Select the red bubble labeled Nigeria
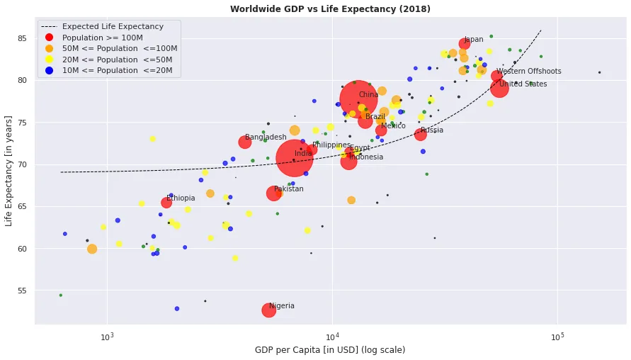coord(269,310)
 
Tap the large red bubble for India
coord(293,158)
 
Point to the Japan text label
coord(474,40)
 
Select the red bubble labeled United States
coord(499,88)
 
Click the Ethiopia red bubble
coord(166,203)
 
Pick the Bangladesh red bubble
coord(245,142)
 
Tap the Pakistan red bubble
coord(274,193)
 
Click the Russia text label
coord(432,130)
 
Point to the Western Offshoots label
coord(529,72)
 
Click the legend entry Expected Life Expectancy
coord(113,27)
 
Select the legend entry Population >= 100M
coord(103,38)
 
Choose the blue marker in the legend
coord(49,70)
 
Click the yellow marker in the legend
coord(49,60)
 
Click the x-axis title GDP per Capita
coord(330,350)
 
